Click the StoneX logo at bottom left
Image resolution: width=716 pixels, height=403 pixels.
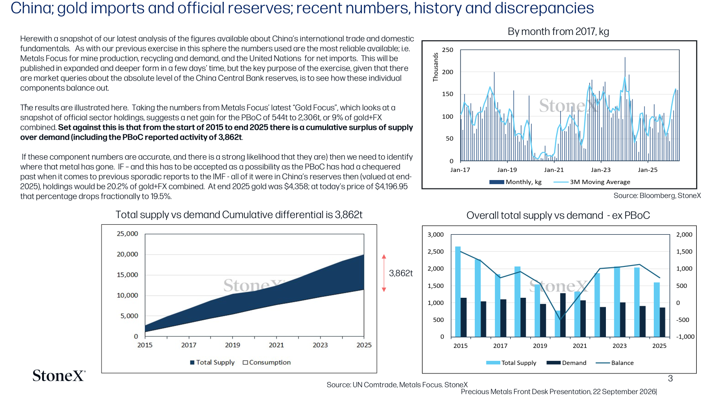click(59, 376)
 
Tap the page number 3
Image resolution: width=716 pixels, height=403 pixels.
click(670, 379)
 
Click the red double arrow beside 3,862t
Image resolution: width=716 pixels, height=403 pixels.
click(384, 273)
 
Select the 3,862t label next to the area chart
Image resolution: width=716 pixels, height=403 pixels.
click(401, 273)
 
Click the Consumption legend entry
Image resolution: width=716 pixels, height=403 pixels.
click(267, 362)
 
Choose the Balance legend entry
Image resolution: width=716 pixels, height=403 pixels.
click(615, 363)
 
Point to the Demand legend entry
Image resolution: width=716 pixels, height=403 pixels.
click(567, 363)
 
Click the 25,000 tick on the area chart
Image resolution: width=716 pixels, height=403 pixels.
click(127, 234)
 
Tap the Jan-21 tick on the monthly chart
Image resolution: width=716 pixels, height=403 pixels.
click(554, 170)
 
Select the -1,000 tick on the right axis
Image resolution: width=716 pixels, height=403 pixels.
click(685, 337)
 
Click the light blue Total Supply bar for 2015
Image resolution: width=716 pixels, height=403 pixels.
click(458, 292)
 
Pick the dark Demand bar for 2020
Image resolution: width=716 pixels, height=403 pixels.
click(563, 315)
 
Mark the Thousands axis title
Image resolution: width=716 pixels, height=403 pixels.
click(435, 67)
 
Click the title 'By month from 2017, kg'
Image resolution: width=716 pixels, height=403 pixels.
click(558, 32)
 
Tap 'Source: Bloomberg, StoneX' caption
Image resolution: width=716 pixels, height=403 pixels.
click(657, 196)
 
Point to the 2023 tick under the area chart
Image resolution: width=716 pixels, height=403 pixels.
click(320, 345)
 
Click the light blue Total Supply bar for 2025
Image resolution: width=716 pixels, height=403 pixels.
click(656, 309)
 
